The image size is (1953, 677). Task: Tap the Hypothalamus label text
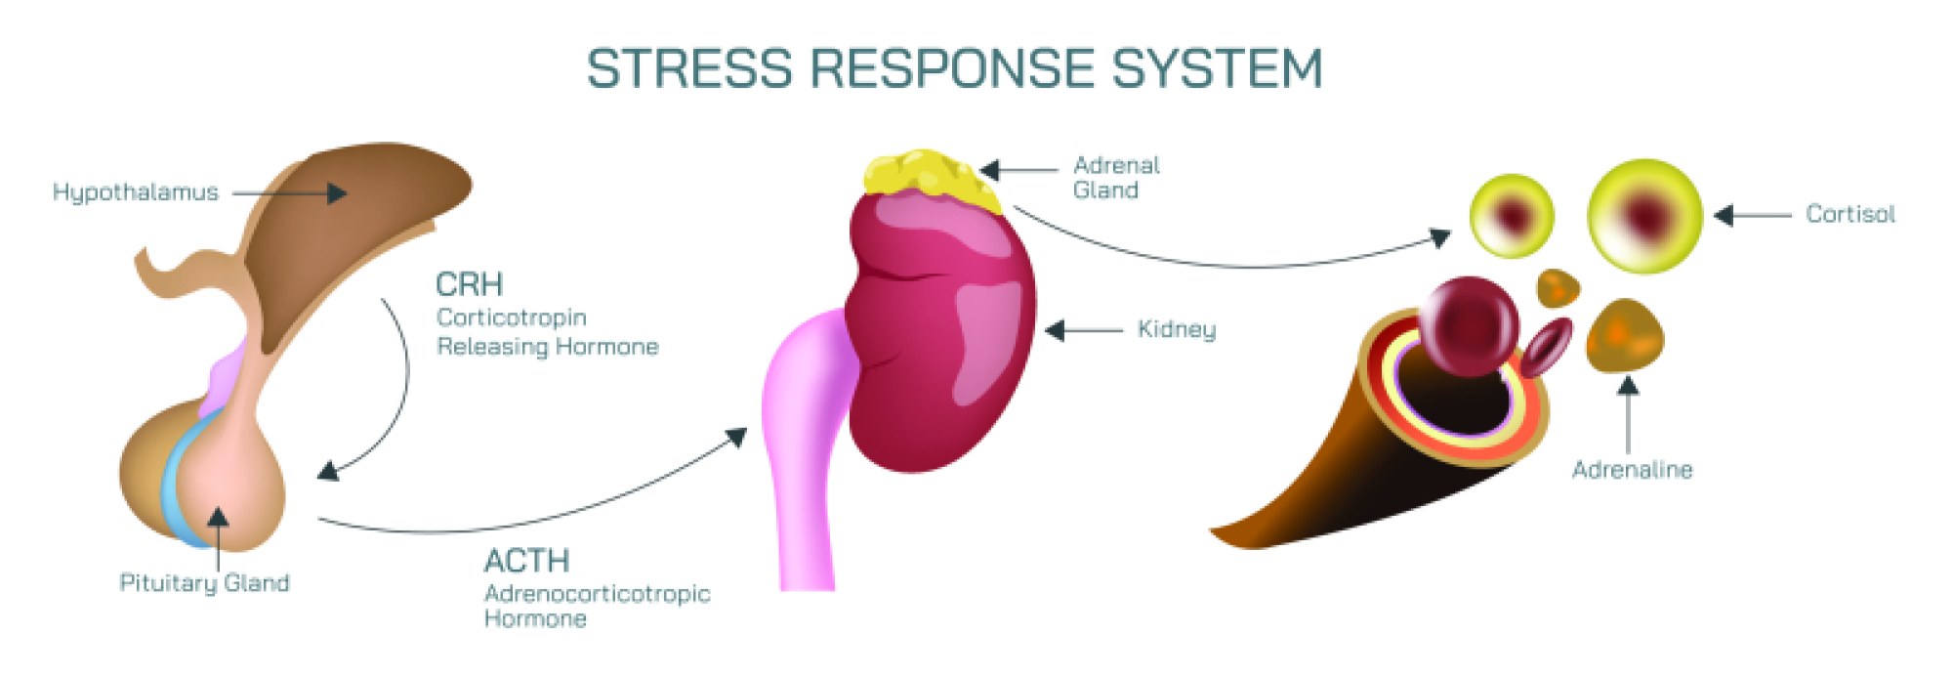[x=136, y=192]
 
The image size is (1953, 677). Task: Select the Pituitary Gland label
[x=204, y=583]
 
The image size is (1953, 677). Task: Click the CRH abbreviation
[x=469, y=284]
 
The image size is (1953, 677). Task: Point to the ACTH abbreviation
[x=526, y=561]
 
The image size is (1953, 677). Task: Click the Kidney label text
[x=1177, y=329]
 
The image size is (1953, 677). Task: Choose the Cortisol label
[x=1849, y=214]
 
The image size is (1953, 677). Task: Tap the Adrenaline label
[x=1632, y=470]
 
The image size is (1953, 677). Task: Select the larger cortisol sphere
[x=1645, y=215]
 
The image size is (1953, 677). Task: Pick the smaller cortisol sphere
[x=1512, y=216]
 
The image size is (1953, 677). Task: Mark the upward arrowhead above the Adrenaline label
[x=1628, y=385]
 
